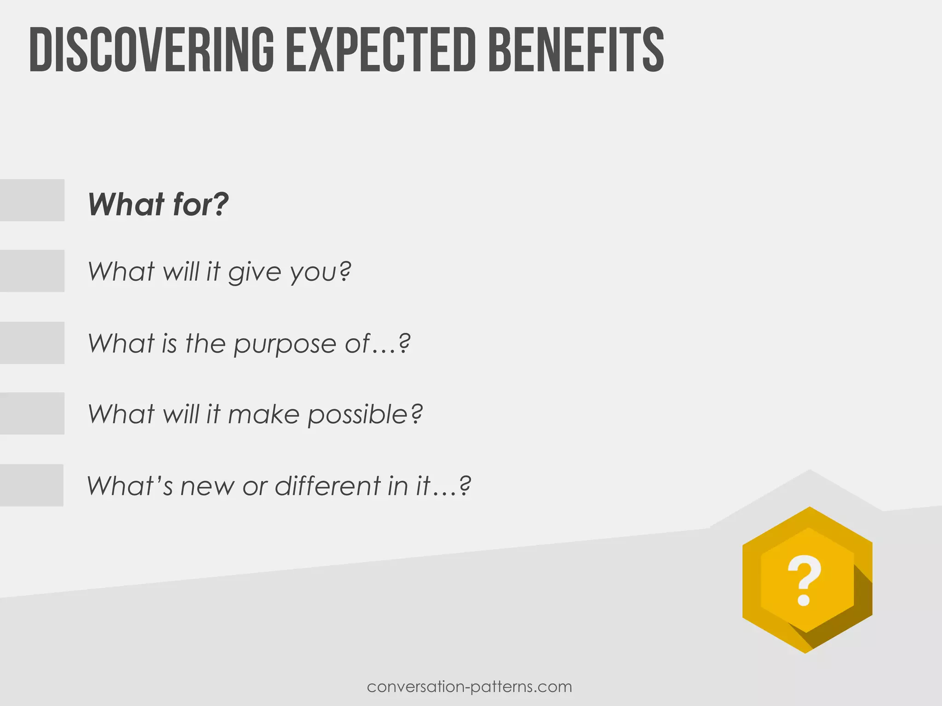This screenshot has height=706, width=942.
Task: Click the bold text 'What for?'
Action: [158, 204]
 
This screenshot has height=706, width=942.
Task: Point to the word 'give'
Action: [254, 272]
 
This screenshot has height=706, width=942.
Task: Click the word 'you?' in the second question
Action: [321, 272]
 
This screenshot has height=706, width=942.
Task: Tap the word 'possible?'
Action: [365, 415]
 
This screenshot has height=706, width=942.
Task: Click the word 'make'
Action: [264, 415]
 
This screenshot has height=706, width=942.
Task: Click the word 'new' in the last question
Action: [207, 486]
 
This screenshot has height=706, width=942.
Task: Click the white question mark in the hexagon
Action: [804, 581]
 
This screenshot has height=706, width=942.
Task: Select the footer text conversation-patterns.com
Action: [470, 687]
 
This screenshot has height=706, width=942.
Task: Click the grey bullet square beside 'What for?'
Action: [32, 200]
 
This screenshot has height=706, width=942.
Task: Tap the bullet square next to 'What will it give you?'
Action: [32, 271]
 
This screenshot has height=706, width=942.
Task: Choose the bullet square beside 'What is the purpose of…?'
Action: [32, 343]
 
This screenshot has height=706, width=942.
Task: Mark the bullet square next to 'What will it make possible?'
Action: [32, 413]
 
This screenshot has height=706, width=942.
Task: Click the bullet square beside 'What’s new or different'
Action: [31, 485]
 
